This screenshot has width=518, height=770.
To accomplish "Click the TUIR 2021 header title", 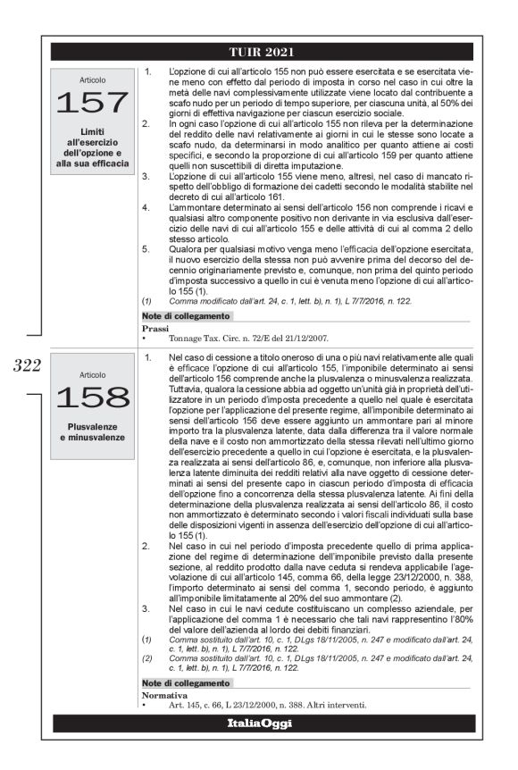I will click(x=262, y=52).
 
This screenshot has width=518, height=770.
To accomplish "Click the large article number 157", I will click(x=92, y=105).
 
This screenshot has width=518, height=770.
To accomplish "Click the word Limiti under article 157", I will click(x=92, y=132).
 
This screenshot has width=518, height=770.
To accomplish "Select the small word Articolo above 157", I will click(x=92, y=78).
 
